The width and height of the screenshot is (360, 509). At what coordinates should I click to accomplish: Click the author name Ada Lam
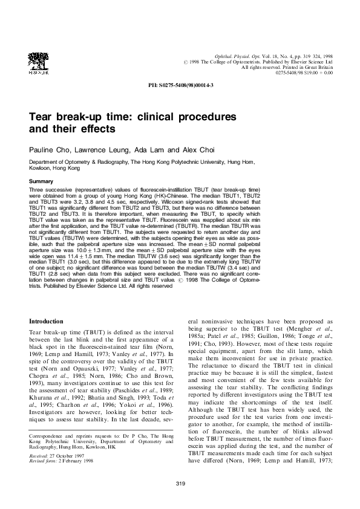click(149, 149)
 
